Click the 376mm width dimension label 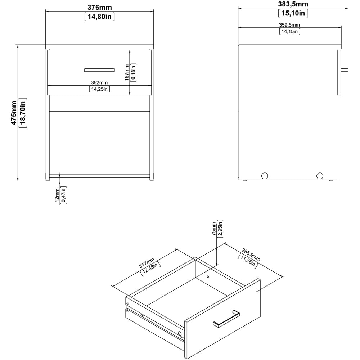[x=100, y=7]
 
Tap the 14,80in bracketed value [x=100, y=17]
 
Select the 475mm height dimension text [x=14, y=113]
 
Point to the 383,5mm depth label [x=293, y=4]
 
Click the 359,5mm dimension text [x=289, y=25]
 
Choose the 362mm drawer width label [x=99, y=82]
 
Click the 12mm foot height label [x=57, y=195]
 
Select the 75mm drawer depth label [x=214, y=229]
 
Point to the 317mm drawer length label [x=147, y=263]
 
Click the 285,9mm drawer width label [x=251, y=255]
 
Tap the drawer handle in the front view [x=99, y=70]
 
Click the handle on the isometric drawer [x=226, y=319]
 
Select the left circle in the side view [x=265, y=176]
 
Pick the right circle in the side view [x=320, y=176]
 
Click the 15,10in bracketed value [x=293, y=13]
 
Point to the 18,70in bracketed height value [x=23, y=113]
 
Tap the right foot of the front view [x=152, y=180]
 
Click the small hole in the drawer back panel [x=208, y=276]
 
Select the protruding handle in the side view [x=345, y=70]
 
